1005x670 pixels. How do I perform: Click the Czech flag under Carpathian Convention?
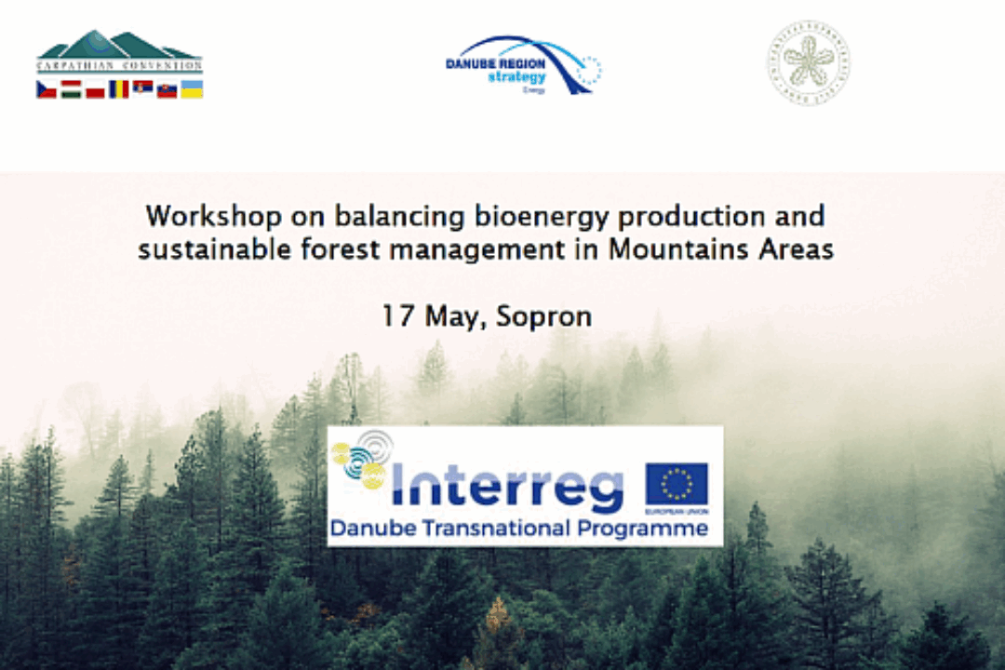[x=47, y=89]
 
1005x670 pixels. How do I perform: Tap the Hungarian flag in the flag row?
[x=71, y=89]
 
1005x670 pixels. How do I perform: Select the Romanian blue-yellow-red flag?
[x=119, y=89]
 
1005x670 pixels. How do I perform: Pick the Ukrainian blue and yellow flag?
[x=192, y=89]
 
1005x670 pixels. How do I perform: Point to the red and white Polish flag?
[x=95, y=90]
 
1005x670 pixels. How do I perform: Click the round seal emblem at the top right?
[x=808, y=62]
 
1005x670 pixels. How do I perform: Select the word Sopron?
[x=543, y=317]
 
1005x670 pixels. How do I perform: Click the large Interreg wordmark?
[x=507, y=486]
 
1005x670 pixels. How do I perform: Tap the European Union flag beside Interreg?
[x=677, y=484]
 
